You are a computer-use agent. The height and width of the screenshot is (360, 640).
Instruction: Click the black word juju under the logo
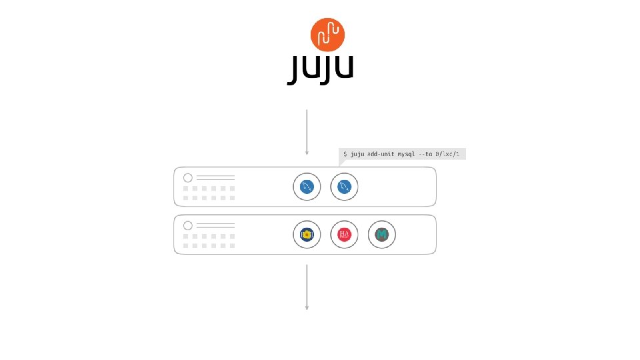pos(320,69)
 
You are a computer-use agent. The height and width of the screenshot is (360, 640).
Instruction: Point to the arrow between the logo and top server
pos(307,131)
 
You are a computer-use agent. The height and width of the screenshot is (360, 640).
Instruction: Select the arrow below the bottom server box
pos(307,287)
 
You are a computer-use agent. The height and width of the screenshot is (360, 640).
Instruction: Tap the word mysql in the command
pos(407,154)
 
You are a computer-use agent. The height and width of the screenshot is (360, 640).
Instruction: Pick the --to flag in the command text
pos(425,154)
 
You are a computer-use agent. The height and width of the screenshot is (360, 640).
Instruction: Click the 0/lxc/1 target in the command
pos(447,154)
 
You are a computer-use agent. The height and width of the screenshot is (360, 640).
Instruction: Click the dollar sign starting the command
pos(345,154)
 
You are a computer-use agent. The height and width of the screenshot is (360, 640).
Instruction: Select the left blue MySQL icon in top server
pos(307,187)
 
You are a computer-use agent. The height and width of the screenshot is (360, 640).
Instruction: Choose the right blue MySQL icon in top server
pos(344,187)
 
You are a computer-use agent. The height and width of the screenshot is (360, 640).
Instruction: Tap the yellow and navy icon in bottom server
pos(307,234)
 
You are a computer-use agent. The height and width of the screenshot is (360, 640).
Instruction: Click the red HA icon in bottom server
pos(344,234)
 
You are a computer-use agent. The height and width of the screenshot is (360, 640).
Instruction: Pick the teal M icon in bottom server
pos(382,234)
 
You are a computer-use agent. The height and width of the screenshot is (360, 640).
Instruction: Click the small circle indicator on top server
pos(187,178)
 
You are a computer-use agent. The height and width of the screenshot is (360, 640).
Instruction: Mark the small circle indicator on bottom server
pos(187,225)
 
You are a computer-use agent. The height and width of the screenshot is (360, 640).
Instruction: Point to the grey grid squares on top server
pos(209,193)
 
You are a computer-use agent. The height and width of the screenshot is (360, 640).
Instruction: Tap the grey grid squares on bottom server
pos(209,240)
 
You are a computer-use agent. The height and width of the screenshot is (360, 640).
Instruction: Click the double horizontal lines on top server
pos(215,178)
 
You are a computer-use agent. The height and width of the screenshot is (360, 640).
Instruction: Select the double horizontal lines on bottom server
pos(215,225)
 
